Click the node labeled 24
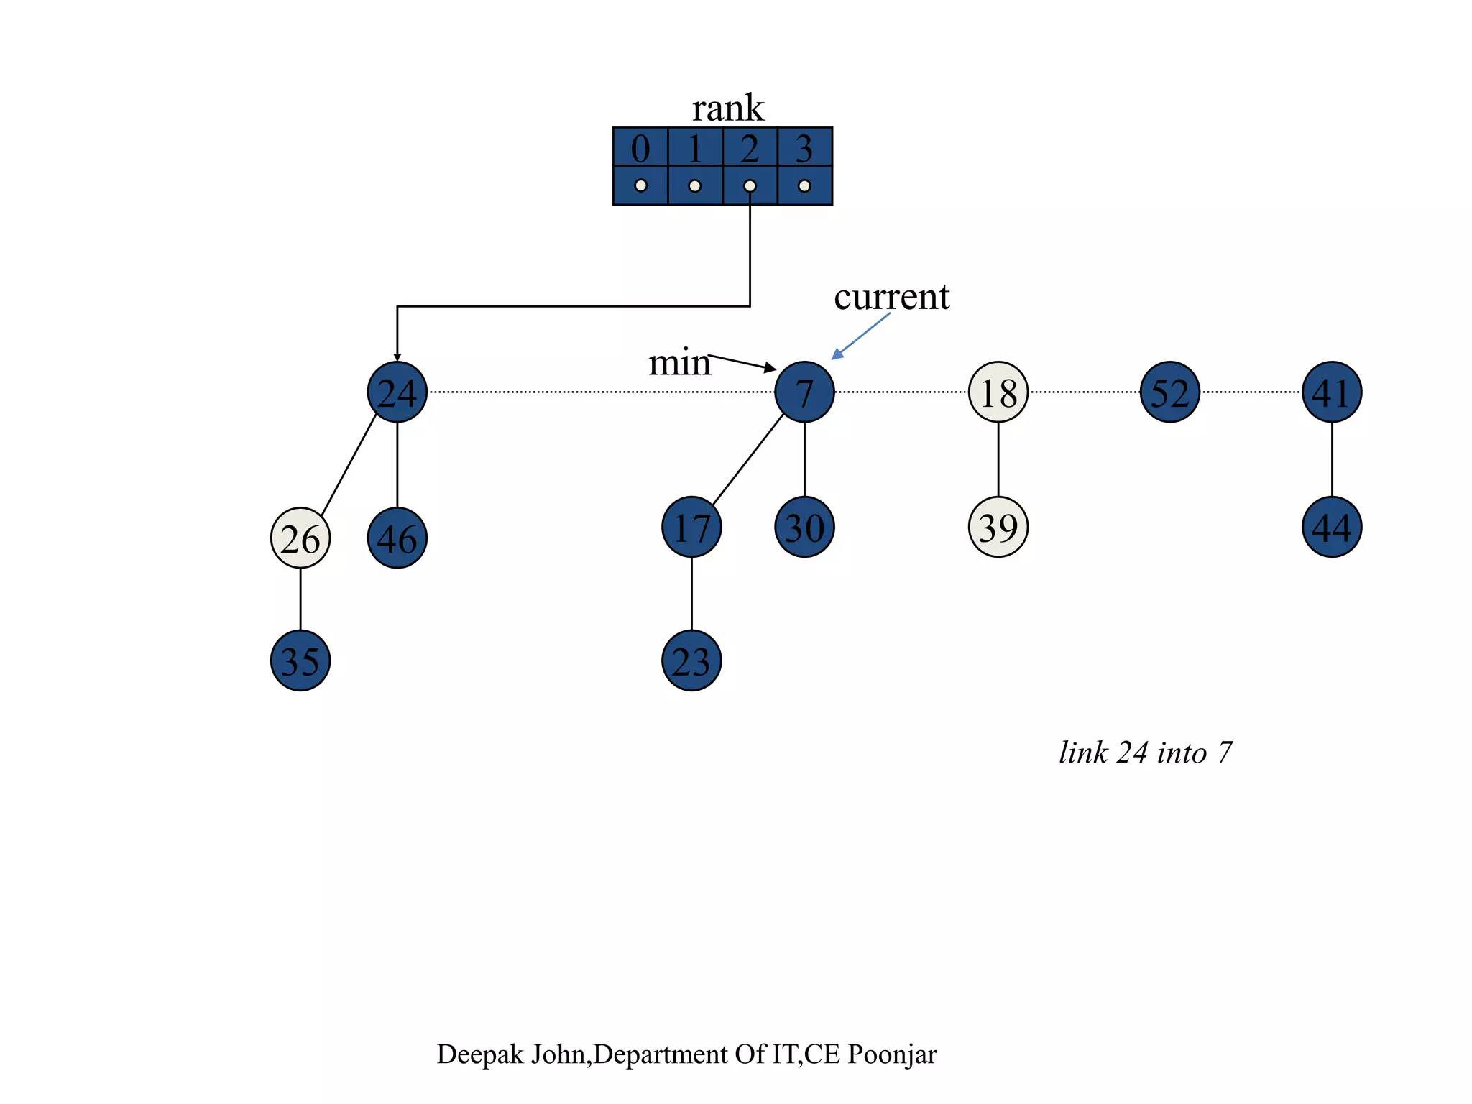(x=397, y=392)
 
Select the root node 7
(x=804, y=392)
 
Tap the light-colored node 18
(x=998, y=392)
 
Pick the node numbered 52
(x=1169, y=392)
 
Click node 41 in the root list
(x=1332, y=392)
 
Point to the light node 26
(x=300, y=538)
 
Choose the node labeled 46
(x=397, y=538)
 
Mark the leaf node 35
(x=300, y=661)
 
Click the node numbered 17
(x=691, y=527)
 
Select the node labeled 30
(x=804, y=527)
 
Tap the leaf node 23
(x=691, y=661)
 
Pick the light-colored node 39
(x=998, y=527)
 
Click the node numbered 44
(x=1332, y=527)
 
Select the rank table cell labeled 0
(x=640, y=148)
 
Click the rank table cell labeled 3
(x=804, y=148)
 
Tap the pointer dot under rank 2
(x=750, y=186)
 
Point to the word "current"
(x=891, y=297)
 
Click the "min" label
(x=678, y=362)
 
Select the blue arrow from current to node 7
(x=860, y=336)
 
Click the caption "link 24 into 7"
(x=1146, y=753)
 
